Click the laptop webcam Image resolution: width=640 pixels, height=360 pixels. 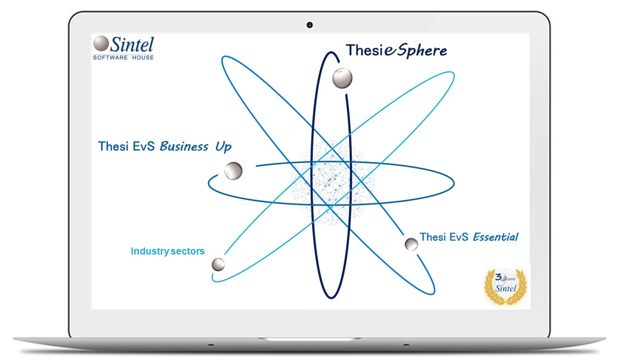click(309, 25)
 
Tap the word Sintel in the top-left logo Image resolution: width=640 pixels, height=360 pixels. click(132, 44)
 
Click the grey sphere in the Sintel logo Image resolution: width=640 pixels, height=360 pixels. click(101, 43)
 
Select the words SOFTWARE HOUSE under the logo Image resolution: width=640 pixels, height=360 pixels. click(123, 57)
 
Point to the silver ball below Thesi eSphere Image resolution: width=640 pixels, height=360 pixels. click(342, 78)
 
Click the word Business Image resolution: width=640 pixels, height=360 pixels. click(184, 146)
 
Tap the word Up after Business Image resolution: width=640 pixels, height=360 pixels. click(223, 147)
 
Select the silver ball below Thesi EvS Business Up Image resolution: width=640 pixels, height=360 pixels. click(233, 171)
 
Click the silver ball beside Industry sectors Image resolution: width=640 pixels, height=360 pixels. click(218, 264)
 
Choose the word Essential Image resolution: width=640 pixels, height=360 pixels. click(495, 237)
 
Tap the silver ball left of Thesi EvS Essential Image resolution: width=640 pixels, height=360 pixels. click(411, 244)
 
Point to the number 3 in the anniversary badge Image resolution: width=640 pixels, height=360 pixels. click(498, 277)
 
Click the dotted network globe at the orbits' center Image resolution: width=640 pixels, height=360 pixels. click(332, 182)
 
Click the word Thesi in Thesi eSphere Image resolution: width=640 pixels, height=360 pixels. click(364, 50)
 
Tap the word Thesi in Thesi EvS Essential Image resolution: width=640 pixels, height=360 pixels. click(432, 237)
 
